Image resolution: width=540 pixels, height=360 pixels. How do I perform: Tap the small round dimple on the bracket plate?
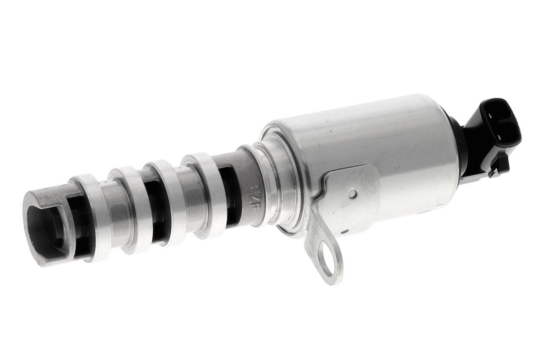[352, 193]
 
